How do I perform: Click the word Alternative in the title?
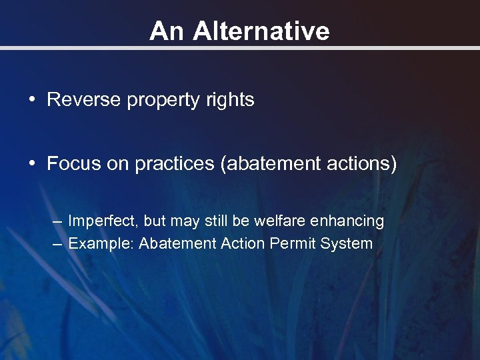pos(261,31)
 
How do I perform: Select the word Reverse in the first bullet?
pos(77,100)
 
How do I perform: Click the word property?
pos(149,101)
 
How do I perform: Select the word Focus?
pos(69,164)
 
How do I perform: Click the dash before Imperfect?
pos(58,221)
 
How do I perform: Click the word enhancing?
pos(351,221)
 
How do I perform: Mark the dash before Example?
pos(58,243)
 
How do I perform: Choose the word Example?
pos(101,243)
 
